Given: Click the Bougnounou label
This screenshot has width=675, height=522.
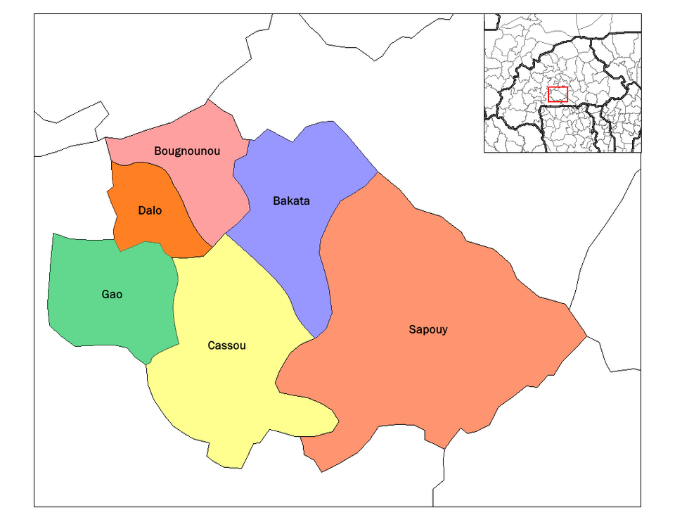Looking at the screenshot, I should click(187, 151).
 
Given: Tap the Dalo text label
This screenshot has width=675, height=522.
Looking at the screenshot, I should click(150, 210).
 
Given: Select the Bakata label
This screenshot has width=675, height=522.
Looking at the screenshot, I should click(291, 201).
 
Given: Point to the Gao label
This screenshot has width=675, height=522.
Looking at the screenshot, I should click(112, 294).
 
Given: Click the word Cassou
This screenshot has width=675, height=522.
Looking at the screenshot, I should click(227, 345).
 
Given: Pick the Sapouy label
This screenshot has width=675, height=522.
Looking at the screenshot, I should click(428, 329).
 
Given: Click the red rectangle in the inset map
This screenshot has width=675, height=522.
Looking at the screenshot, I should click(558, 94).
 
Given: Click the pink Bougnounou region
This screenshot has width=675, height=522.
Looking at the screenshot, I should click(211, 183).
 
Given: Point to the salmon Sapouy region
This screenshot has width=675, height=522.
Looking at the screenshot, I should click(436, 281).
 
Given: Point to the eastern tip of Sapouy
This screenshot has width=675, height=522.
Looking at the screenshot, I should click(586, 336).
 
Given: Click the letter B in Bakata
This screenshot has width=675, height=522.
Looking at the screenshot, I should click(276, 201).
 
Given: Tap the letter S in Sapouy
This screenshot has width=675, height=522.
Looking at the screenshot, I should click(412, 329).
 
